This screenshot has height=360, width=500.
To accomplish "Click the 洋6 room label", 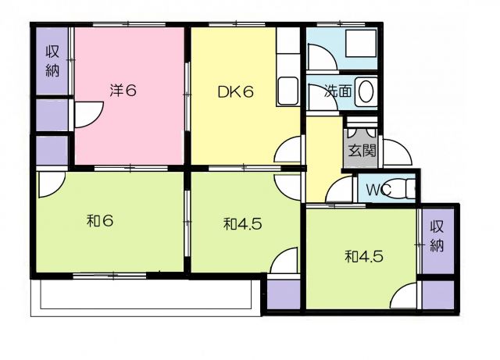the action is (x=123, y=91).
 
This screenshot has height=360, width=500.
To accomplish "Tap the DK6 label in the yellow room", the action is (x=235, y=92).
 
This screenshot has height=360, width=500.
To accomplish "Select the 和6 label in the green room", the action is (x=100, y=221).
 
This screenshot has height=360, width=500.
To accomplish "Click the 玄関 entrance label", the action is (x=362, y=150).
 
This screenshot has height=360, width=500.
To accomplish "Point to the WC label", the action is (x=378, y=190).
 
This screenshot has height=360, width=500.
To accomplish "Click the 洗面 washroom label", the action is (x=338, y=91).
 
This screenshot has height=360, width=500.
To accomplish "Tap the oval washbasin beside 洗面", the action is (x=366, y=91).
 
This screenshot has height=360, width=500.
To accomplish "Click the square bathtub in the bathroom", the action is (x=361, y=44).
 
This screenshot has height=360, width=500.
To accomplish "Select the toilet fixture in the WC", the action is (x=410, y=190).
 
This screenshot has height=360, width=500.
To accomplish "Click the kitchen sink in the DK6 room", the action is (x=288, y=91).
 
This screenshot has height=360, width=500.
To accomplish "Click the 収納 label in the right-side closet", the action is (x=437, y=237).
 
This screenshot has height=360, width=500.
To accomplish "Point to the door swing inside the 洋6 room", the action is (x=88, y=115).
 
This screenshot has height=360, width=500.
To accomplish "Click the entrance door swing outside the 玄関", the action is (x=397, y=152).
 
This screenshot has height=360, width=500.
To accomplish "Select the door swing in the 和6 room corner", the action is (x=52, y=185).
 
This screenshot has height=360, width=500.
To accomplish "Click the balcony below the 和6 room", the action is (x=146, y=298).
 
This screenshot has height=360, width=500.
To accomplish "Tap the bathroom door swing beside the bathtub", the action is (x=321, y=57).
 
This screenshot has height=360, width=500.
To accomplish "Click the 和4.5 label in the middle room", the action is (x=243, y=224).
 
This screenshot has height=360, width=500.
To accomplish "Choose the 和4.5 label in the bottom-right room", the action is (x=363, y=256).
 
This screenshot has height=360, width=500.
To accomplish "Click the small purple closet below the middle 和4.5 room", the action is (x=284, y=294).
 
